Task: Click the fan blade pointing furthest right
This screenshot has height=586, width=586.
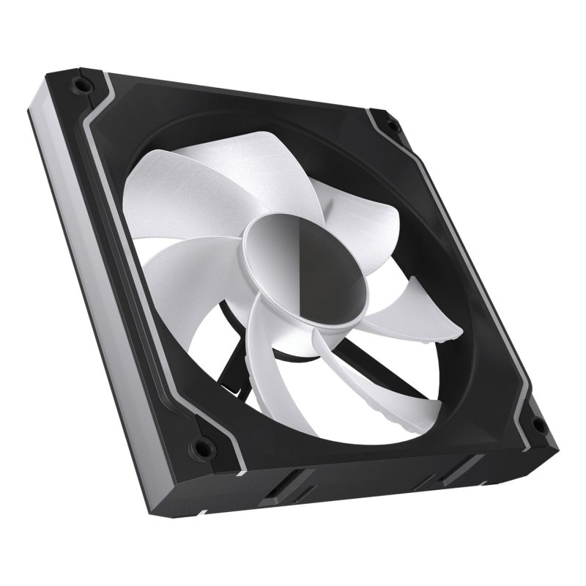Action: (410, 308)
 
